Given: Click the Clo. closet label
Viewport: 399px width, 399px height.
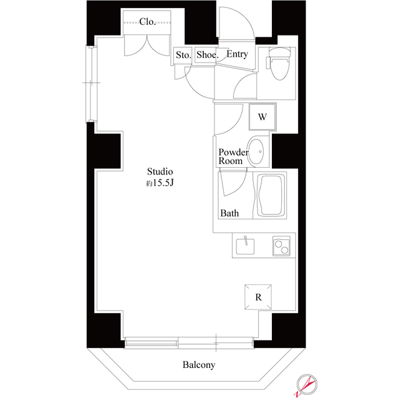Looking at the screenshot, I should [x=148, y=22].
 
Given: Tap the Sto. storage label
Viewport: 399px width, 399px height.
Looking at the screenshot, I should [x=183, y=55].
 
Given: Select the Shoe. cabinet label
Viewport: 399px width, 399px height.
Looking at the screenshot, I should [x=207, y=55].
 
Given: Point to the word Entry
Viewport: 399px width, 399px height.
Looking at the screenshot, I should [x=237, y=54].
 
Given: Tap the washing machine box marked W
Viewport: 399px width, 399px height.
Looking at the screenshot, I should [x=262, y=117].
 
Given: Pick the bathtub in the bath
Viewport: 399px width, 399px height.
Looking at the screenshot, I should [x=271, y=196].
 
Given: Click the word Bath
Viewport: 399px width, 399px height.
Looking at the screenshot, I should [x=229, y=213].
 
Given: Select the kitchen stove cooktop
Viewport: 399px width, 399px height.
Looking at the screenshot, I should [x=281, y=247].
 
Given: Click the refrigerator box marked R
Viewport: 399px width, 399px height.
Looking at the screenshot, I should [x=258, y=297].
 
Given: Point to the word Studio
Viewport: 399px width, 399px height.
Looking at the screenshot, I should [x=160, y=171].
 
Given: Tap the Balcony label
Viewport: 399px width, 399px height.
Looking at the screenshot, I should [x=199, y=365].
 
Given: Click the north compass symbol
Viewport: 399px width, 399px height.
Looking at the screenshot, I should [x=307, y=384].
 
